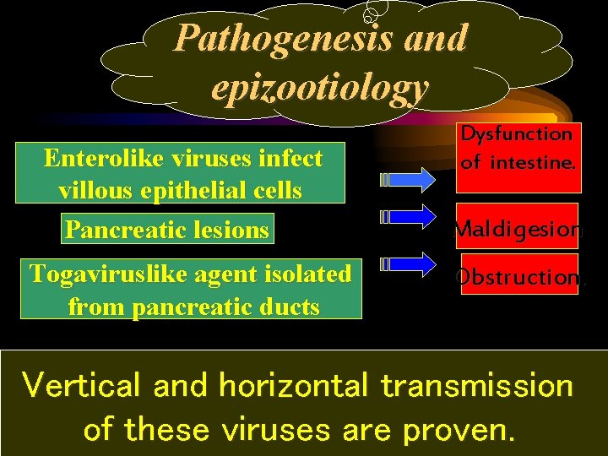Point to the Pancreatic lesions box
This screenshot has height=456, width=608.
(167, 229)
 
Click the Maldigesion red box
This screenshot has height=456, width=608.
(518, 229)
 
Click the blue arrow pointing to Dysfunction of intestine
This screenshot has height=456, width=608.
(409, 179)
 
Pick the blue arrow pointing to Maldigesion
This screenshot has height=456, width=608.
(409, 218)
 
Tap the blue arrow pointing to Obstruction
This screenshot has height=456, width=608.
(409, 265)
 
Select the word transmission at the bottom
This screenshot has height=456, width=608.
(477, 386)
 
